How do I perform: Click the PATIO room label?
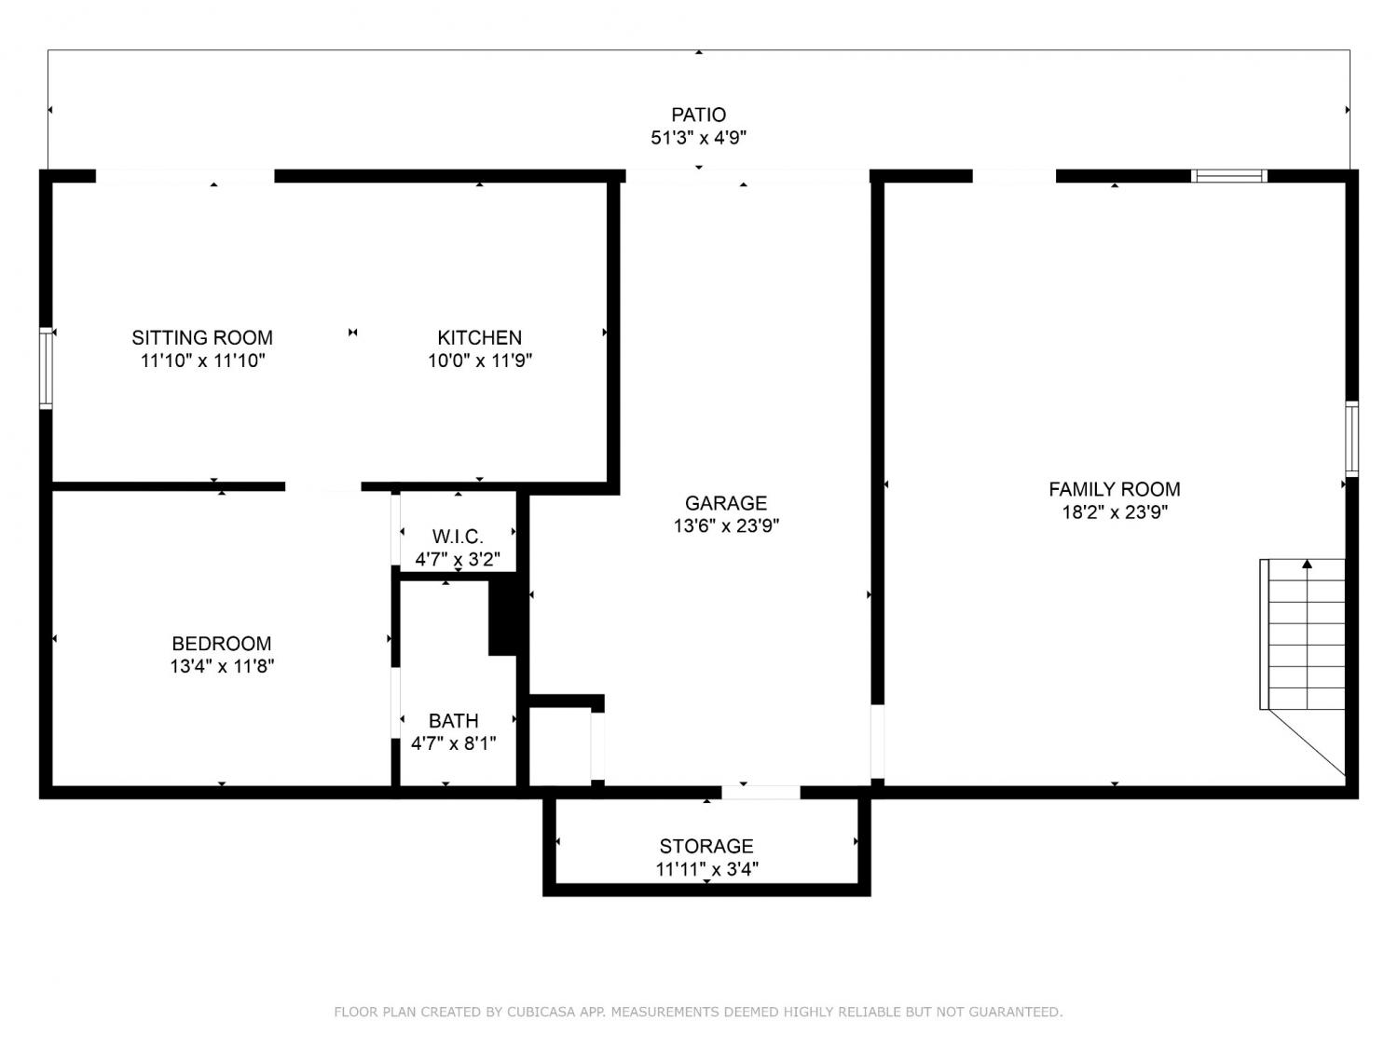tap(698, 116)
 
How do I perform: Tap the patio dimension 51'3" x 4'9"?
tap(698, 138)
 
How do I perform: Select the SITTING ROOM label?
tap(202, 337)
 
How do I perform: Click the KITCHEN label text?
tap(479, 337)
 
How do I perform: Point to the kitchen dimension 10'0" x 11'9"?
tap(480, 361)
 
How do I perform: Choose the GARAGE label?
tap(725, 503)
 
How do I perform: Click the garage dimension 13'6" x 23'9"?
tap(726, 526)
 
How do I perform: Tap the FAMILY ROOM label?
tap(1114, 489)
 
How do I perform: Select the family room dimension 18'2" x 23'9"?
tap(1115, 512)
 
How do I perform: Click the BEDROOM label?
tap(221, 644)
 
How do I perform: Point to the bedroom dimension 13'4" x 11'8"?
tap(222, 666)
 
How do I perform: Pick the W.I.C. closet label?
tap(458, 537)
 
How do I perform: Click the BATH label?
tap(453, 721)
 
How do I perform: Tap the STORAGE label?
tap(706, 846)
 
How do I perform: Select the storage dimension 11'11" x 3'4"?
tap(707, 869)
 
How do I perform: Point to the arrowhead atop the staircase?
tap(1307, 564)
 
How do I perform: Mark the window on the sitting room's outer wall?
tap(46, 368)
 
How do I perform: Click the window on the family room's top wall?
tap(1229, 176)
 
